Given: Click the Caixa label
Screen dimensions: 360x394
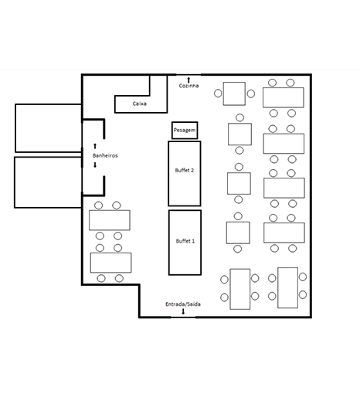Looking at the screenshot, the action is (x=140, y=104).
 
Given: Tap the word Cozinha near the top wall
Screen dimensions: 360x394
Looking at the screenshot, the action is (x=188, y=86).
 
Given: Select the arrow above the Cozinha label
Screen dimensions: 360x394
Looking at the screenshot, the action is (x=188, y=80).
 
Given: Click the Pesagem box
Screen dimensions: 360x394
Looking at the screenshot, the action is (x=185, y=131).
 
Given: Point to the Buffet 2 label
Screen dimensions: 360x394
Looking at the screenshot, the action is (x=185, y=170).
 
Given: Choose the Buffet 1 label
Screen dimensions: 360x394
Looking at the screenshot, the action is (x=185, y=241).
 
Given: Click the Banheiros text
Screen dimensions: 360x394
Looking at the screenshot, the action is (x=105, y=155).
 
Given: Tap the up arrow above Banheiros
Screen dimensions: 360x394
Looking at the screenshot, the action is (x=95, y=146).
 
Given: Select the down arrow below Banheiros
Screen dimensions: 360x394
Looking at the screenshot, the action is (x=95, y=165).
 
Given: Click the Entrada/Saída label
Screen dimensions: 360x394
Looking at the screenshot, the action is (x=183, y=304).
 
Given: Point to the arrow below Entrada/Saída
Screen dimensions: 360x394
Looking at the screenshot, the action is (x=183, y=311).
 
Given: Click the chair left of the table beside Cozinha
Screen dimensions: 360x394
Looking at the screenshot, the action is (x=218, y=93).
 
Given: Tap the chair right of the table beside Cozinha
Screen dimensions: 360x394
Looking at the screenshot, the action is (x=251, y=93).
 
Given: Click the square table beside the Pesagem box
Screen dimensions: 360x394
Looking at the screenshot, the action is (x=239, y=134).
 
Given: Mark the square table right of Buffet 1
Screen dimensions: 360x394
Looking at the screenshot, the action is (x=238, y=233).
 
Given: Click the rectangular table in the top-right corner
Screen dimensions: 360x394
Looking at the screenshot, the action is (x=284, y=97).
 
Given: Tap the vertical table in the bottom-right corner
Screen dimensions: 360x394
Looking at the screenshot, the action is (x=288, y=287).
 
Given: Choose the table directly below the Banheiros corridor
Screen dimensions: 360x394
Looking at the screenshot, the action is (x=110, y=220).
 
